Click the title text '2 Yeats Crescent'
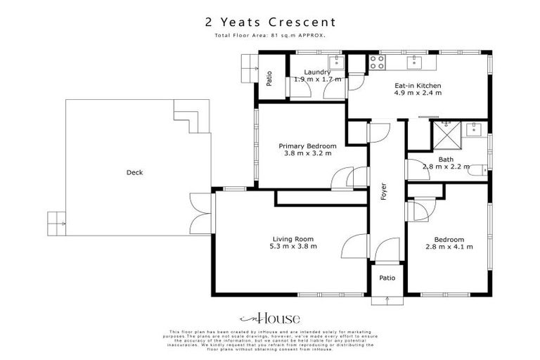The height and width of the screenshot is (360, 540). coord(270,22)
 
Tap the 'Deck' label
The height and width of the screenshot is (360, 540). coord(134,172)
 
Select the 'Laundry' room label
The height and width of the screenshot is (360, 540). coord(317,72)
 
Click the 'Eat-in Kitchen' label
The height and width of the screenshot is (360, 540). coord(418,85)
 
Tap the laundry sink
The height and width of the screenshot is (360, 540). coord(336,63)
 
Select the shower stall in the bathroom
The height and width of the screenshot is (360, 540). coord(444,131)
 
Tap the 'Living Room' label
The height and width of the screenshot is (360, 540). coord(292,238)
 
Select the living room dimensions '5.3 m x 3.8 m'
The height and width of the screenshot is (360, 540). coord(292,247)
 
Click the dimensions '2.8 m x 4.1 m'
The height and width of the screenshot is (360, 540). coord(449,247)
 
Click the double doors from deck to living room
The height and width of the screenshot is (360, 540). coord(200,212)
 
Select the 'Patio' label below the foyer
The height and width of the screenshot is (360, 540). coord(387,278)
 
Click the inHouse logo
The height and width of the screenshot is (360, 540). coord(270,317)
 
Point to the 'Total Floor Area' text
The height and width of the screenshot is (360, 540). coord(270,34)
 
